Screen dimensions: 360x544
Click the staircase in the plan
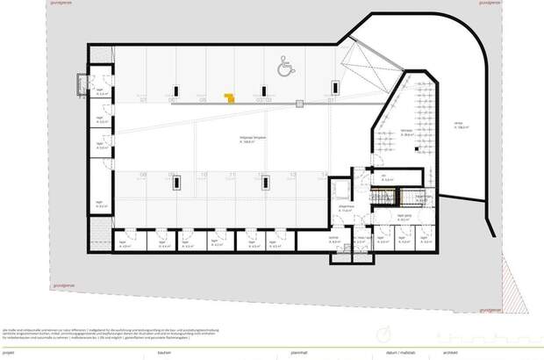385,200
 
